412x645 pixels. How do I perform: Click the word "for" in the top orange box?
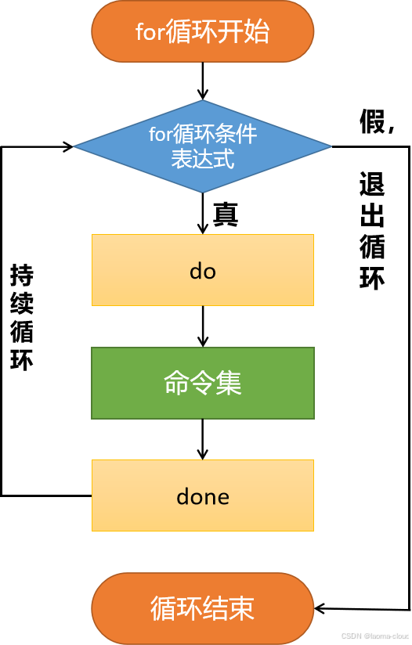pyautogui.click(x=150, y=33)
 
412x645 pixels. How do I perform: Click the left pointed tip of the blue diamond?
pyautogui.click(x=76, y=146)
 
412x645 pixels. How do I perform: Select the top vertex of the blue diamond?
pyautogui.click(x=203, y=101)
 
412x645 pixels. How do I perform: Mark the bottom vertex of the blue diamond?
pyautogui.click(x=203, y=192)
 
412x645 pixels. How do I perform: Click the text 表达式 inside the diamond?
pyautogui.click(x=203, y=160)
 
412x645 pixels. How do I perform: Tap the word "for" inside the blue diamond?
pyautogui.click(x=159, y=135)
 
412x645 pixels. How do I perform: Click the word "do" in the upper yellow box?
pyautogui.click(x=203, y=271)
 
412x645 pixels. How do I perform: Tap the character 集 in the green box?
pyautogui.click(x=229, y=384)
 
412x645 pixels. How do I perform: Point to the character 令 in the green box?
pyautogui.click(x=203, y=384)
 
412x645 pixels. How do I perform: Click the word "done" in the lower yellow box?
pyautogui.click(x=203, y=496)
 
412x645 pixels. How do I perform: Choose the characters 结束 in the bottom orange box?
pyautogui.click(x=229, y=609)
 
